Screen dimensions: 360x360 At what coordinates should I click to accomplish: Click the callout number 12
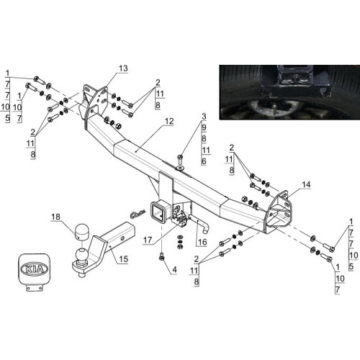[169, 121]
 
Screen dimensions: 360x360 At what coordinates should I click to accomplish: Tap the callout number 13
[124, 68]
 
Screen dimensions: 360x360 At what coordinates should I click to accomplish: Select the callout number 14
[306, 184]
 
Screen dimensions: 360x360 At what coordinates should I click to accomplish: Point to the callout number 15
[124, 259]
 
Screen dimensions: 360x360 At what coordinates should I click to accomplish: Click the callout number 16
[202, 242]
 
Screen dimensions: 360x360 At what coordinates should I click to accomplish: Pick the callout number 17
[148, 240]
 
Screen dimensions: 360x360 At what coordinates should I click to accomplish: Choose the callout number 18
[55, 217]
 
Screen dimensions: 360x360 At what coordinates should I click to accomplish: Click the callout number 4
[174, 269]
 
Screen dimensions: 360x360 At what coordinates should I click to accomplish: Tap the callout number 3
[204, 117]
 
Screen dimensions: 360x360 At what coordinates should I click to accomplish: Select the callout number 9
[204, 127]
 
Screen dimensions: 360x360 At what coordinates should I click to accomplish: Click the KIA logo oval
[34, 269]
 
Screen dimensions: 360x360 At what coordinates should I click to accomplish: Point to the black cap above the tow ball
[81, 232]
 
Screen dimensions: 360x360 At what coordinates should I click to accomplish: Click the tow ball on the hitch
[81, 255]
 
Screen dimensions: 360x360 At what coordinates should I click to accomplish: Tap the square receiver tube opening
[158, 213]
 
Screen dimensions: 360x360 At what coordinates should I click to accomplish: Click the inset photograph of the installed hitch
[289, 92]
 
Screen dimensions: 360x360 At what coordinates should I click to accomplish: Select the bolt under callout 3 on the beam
[180, 159]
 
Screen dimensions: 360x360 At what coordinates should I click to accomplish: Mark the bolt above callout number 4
[161, 257]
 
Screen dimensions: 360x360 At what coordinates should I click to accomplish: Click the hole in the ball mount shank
[122, 238]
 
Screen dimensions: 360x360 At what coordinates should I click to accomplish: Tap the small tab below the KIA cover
[35, 287]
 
